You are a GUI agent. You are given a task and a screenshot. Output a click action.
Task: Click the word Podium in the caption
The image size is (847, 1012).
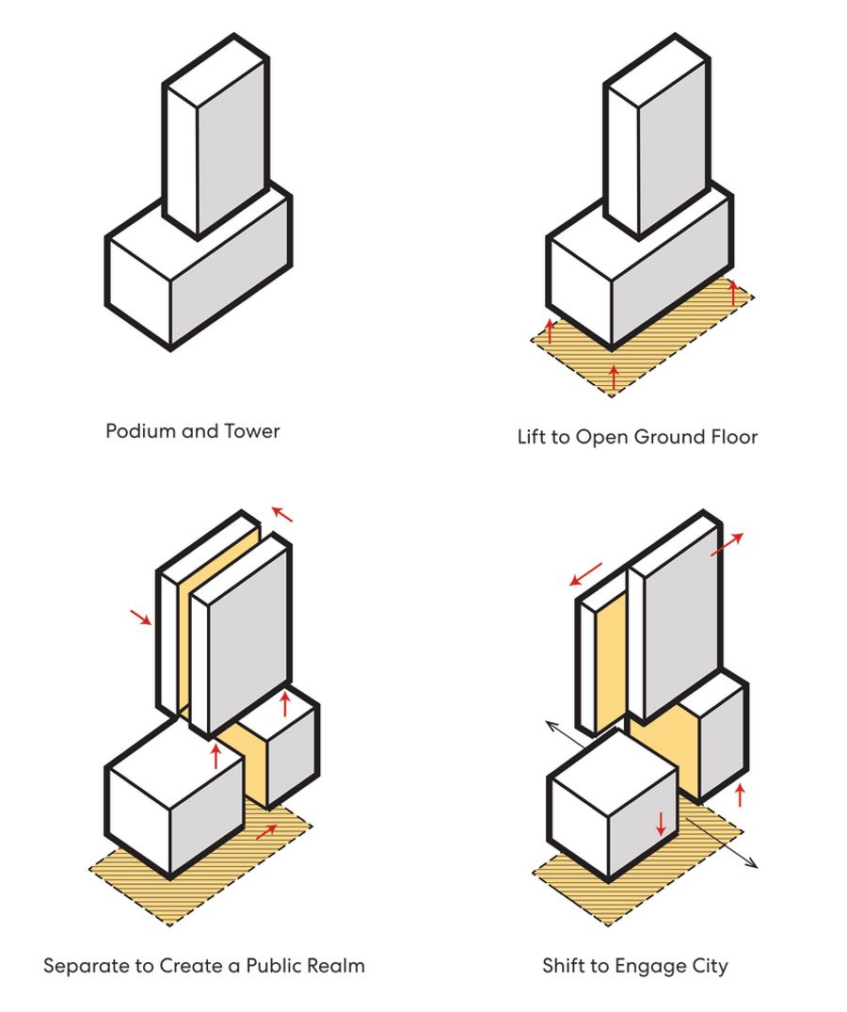pyautogui.click(x=135, y=431)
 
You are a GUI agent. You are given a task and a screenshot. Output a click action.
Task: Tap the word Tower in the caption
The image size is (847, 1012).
pyautogui.click(x=252, y=431)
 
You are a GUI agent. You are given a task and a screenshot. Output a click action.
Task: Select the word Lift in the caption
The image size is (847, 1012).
pyautogui.click(x=531, y=437)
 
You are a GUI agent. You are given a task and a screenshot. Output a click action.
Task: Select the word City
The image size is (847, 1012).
pyautogui.click(x=709, y=967)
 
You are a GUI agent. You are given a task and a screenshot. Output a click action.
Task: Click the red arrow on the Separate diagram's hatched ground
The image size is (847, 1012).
pyautogui.click(x=266, y=831)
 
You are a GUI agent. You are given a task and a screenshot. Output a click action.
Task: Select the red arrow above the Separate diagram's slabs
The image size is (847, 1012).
pyautogui.click(x=282, y=513)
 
